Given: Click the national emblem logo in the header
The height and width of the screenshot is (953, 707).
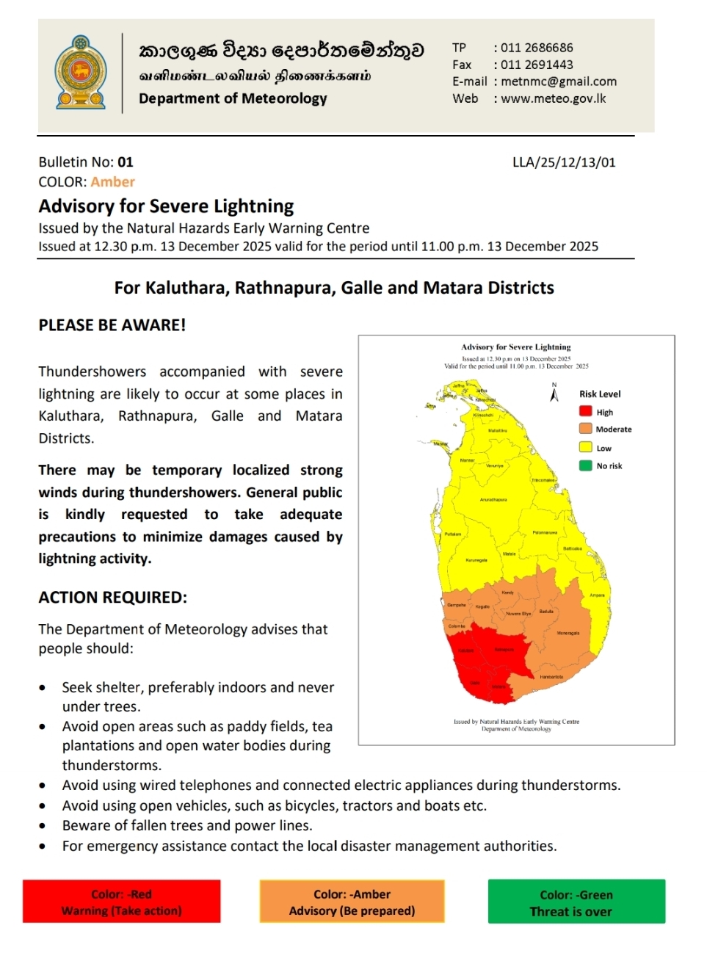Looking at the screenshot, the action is [81, 73].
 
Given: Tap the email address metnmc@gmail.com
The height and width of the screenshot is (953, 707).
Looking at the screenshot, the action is [559, 81].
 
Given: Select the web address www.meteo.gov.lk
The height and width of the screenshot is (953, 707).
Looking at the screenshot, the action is [554, 98].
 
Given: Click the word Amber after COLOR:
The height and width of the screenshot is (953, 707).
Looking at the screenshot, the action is [112, 182].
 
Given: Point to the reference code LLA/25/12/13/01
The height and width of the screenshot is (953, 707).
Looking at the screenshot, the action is [564, 162].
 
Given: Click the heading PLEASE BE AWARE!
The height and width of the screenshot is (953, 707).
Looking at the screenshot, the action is [112, 325].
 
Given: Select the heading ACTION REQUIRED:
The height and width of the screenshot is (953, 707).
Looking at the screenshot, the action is [112, 598].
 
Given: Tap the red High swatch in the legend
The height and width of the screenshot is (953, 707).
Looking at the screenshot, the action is [585, 412].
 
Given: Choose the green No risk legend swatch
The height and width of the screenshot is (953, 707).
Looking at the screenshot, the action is [585, 465].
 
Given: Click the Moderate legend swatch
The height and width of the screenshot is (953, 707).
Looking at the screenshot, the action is [585, 429].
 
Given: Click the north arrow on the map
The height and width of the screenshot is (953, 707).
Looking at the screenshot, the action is [554, 394].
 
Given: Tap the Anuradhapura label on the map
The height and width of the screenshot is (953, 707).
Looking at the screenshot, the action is [493, 499].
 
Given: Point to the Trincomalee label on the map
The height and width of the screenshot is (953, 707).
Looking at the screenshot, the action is [543, 480].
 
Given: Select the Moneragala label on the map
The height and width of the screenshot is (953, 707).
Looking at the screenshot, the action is [568, 633].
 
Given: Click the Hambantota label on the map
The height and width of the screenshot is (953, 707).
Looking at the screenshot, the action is [551, 677].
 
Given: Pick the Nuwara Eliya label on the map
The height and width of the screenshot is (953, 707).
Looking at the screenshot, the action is [518, 613].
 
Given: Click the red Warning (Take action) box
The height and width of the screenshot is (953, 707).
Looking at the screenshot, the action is [121, 902].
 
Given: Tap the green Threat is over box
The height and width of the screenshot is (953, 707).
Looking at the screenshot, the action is [576, 902].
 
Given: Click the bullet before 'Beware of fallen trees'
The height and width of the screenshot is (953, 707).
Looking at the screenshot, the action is [43, 826].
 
